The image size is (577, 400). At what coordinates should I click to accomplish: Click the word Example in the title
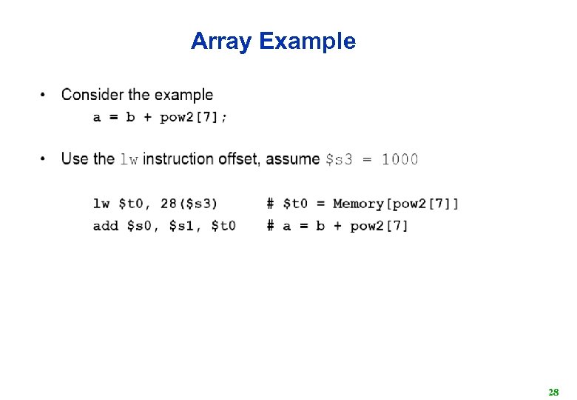(307, 41)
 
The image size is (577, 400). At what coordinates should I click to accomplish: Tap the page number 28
(553, 391)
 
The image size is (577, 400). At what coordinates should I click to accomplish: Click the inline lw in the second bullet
(129, 159)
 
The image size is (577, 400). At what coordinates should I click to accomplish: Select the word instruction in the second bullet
(178, 159)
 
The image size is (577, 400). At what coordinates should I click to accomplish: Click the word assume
(293, 159)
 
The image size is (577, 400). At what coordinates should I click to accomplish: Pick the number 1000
(399, 159)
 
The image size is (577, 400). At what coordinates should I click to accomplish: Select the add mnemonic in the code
(106, 226)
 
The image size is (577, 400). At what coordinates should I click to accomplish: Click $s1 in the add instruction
(182, 226)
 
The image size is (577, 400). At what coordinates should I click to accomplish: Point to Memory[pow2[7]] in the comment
(396, 204)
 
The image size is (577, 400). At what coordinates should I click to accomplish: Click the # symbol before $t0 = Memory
(271, 204)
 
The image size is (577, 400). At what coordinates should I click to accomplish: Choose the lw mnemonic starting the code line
(101, 204)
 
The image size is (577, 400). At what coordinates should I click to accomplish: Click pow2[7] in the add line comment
(379, 226)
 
